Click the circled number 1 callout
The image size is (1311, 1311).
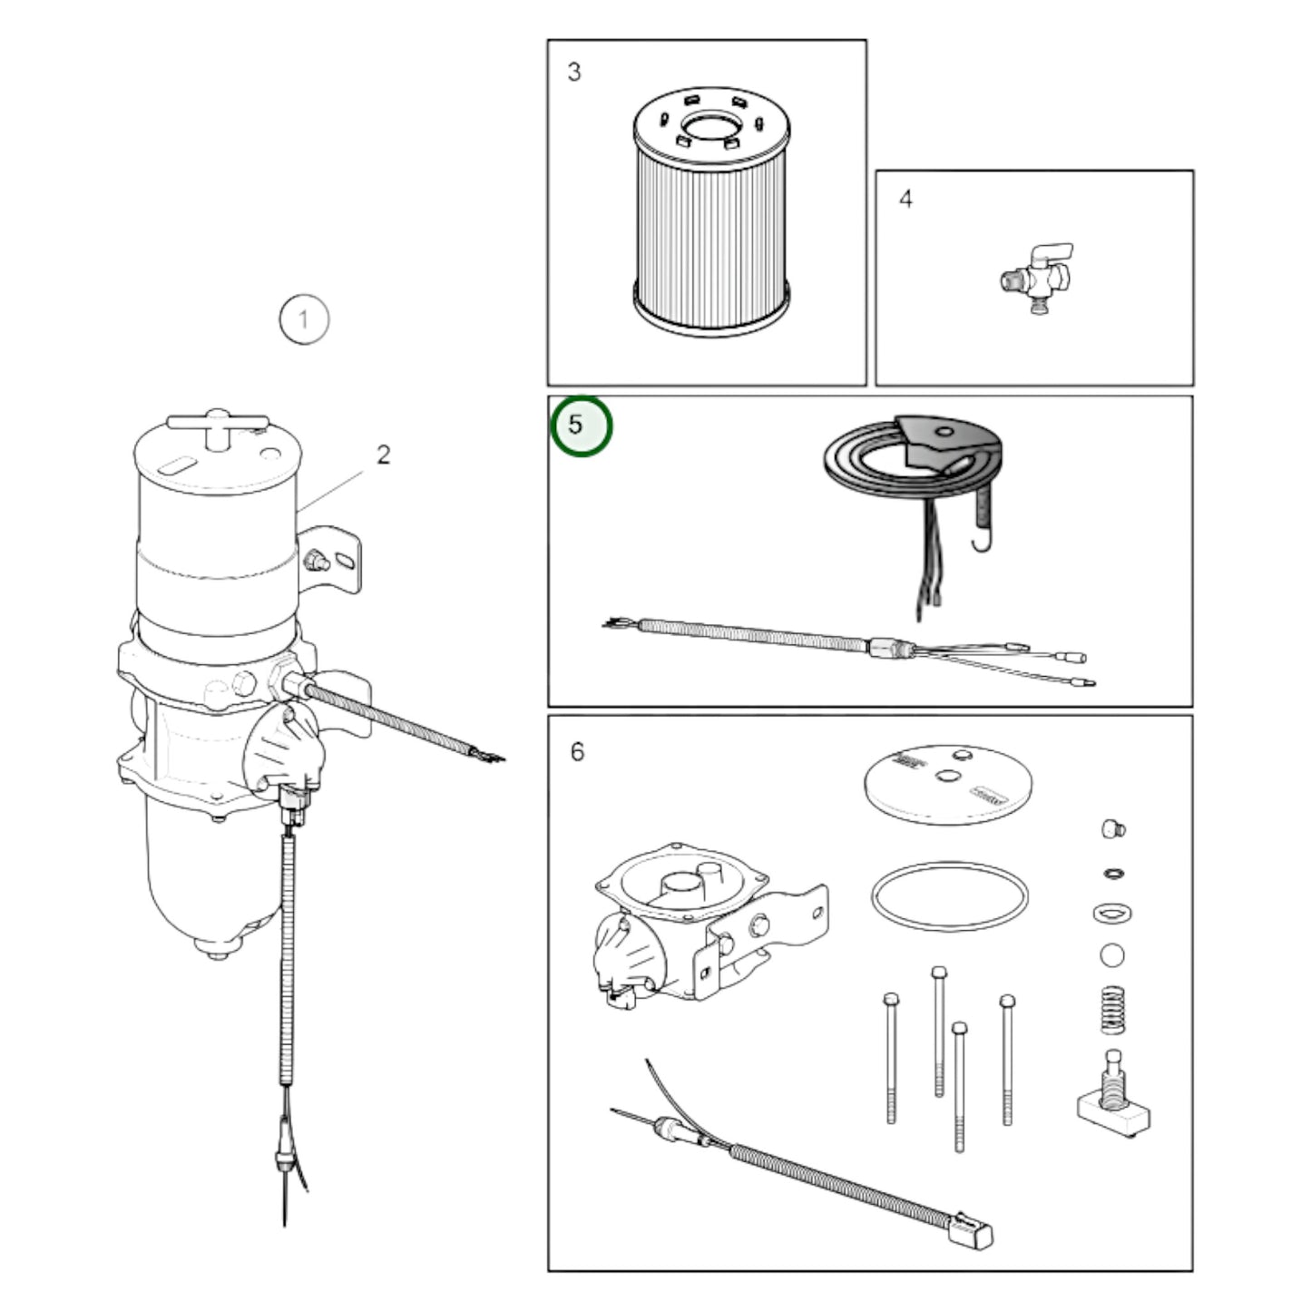click(x=303, y=319)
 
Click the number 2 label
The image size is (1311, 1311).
click(x=384, y=455)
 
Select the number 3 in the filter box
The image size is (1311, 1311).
click(x=573, y=73)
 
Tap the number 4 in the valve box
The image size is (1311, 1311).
click(x=905, y=199)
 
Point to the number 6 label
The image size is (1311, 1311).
click(x=577, y=752)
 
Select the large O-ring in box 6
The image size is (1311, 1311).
click(x=950, y=896)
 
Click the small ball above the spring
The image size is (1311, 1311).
click(x=1112, y=955)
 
